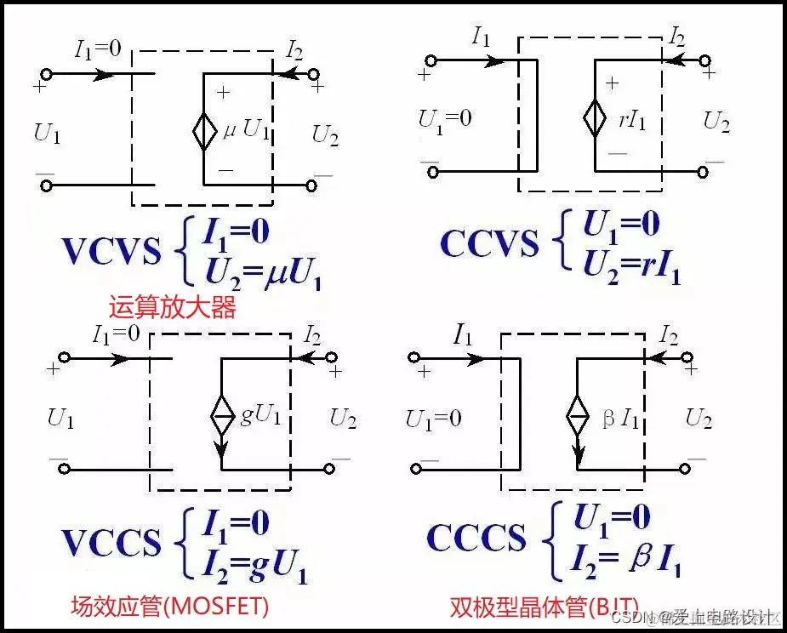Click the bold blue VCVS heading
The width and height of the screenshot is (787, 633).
click(111, 251)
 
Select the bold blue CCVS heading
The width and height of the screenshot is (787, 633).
click(489, 245)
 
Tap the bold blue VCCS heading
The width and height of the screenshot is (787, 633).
click(111, 542)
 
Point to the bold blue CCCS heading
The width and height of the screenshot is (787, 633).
click(476, 538)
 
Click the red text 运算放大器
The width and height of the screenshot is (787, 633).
click(171, 306)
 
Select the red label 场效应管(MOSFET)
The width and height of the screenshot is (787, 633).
click(169, 606)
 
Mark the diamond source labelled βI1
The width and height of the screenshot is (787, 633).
click(578, 419)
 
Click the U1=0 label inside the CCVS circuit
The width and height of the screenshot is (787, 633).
click(444, 119)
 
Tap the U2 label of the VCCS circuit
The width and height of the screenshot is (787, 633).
click(344, 418)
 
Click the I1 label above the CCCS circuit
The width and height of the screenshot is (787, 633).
click(462, 337)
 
